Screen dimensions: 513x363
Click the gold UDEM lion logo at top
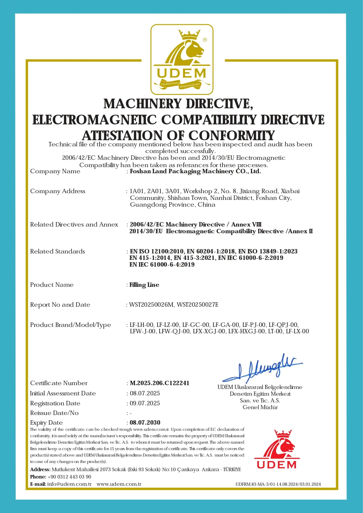coord(182,59)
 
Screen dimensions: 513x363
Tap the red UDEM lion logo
coord(277,449)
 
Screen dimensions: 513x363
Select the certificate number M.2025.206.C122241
coord(160,383)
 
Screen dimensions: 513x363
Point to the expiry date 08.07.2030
coord(145,423)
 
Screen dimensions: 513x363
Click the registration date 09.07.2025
coord(145,403)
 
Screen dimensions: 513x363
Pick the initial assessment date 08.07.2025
coord(145,393)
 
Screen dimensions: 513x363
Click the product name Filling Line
coord(144,285)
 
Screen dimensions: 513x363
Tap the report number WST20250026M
coord(151,305)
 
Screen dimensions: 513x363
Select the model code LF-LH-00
coord(141,325)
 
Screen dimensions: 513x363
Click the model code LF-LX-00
coord(297,331)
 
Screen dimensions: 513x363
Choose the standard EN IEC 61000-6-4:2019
coord(162,265)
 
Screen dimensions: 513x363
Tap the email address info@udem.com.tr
coord(69,484)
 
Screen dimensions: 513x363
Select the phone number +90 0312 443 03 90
coord(69,477)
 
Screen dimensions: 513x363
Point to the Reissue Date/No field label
coord(54,413)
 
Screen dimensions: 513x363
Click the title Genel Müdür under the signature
coord(260,407)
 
